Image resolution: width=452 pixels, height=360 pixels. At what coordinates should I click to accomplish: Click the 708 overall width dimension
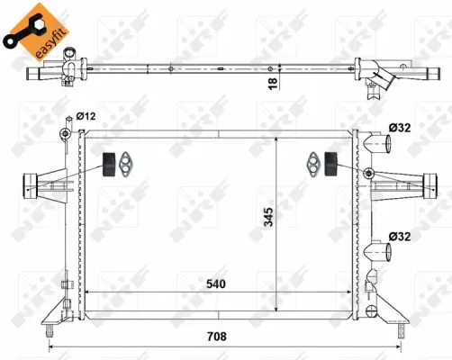[217, 337]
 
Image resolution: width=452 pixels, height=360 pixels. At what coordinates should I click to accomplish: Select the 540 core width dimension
[216, 283]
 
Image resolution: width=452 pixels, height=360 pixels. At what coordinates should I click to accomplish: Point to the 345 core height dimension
[268, 217]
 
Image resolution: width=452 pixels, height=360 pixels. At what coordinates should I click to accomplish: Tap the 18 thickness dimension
[273, 84]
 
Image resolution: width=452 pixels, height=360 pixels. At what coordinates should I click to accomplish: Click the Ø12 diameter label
[86, 116]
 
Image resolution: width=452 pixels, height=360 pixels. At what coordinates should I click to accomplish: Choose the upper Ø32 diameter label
[400, 128]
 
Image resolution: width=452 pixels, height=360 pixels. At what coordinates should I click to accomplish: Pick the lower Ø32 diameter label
[400, 237]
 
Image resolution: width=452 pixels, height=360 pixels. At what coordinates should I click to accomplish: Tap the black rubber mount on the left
[109, 165]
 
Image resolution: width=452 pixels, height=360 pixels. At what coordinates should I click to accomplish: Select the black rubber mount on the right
[331, 164]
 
